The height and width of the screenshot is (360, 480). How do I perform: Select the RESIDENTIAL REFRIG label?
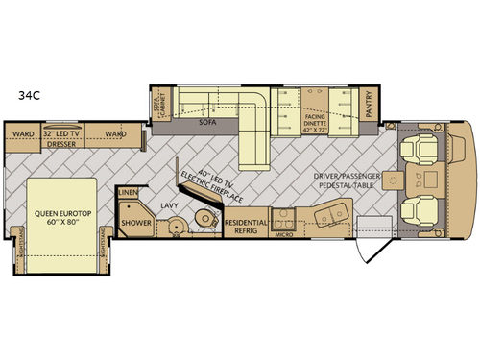[x=246, y=226]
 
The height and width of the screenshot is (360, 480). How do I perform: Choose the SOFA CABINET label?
[x=158, y=107]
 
